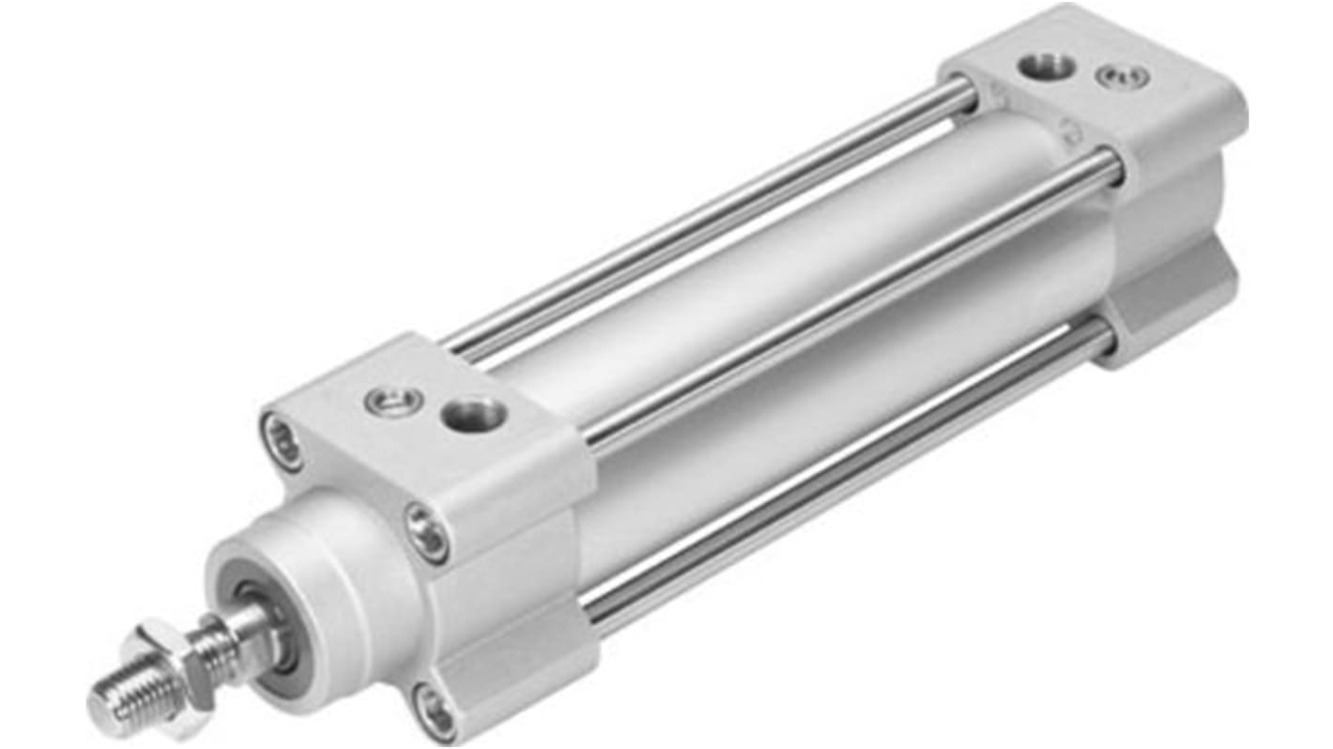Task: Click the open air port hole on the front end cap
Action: point(473,413)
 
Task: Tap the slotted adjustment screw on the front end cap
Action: point(388,401)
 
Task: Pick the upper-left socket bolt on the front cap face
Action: point(283,441)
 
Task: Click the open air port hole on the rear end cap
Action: point(1047,68)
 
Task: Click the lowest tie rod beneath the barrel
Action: point(845,469)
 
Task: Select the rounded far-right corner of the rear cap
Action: point(1234,113)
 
